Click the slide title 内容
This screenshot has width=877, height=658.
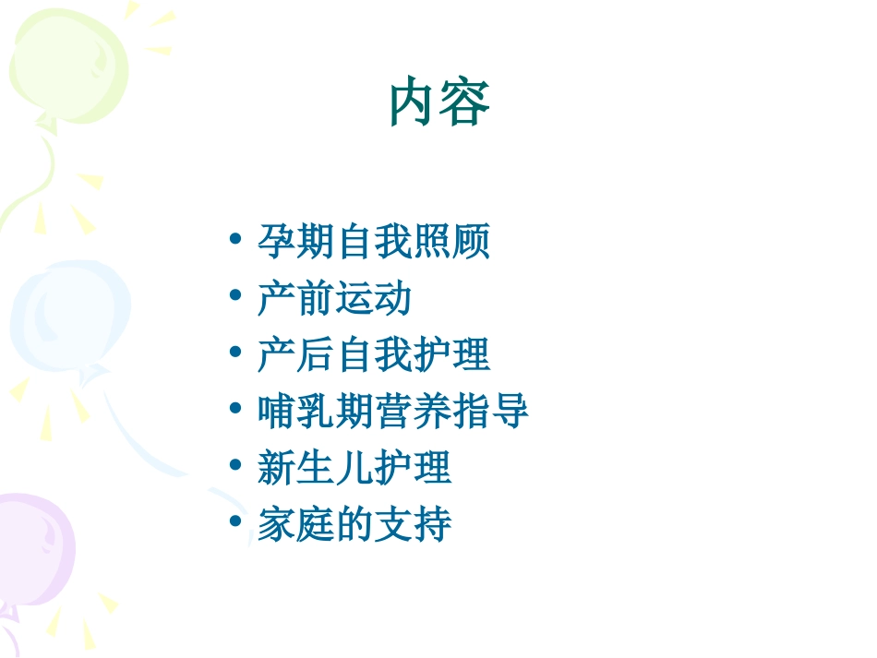point(439,103)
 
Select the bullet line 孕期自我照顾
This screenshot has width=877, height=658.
point(374,243)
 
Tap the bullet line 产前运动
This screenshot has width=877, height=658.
point(334,299)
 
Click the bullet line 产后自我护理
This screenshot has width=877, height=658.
point(374,355)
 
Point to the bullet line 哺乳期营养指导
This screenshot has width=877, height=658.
point(393,412)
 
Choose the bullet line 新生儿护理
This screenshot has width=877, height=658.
point(354,468)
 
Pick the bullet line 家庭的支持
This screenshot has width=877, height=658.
point(354,524)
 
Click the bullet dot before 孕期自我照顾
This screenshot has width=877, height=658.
point(236,241)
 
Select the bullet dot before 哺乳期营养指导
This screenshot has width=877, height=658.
point(236,410)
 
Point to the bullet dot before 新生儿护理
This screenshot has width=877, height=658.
point(236,466)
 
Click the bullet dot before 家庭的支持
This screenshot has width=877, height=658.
point(236,522)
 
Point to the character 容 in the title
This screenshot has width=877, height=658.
point(465,103)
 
